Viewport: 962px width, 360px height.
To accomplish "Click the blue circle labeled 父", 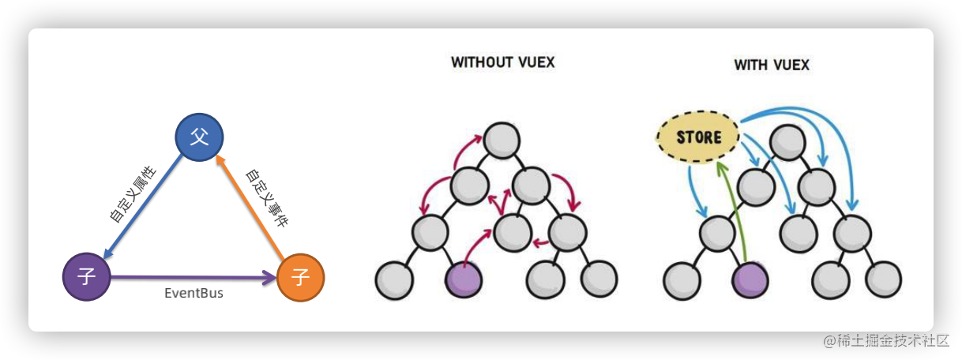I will click(199, 137).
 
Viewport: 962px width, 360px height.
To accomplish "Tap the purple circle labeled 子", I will click(86, 277).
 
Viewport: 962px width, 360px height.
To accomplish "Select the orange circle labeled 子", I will click(300, 277).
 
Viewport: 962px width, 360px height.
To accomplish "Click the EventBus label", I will click(194, 294).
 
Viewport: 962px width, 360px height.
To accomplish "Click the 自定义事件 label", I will click(266, 197).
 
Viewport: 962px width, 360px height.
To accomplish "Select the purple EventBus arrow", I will click(194, 277).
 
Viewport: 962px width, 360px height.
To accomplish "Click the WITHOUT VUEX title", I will click(502, 62).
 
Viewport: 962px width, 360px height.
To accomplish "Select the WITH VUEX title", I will click(772, 65).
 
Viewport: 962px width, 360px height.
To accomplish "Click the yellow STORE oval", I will click(698, 137).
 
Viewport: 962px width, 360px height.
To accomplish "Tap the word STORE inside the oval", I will click(699, 137).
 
